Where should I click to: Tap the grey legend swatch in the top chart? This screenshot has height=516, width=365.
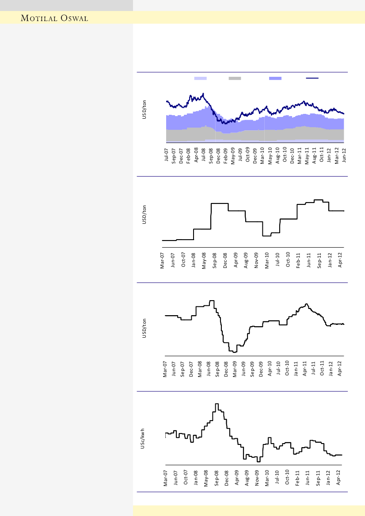pos(235,78)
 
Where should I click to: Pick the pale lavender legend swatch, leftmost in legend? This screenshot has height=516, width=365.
pos(201,78)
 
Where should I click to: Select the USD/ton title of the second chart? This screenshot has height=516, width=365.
pos(144,215)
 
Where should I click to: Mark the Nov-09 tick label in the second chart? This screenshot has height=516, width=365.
pos(256,260)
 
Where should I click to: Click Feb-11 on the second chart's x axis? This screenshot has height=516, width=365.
pos(298,260)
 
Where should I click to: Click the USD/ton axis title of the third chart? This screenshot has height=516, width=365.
pos(144,328)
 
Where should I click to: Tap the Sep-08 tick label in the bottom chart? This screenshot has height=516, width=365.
pos(217,478)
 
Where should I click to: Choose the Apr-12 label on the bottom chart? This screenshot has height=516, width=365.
pos(339,478)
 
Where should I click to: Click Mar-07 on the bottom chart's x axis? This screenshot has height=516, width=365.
pos(166,478)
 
